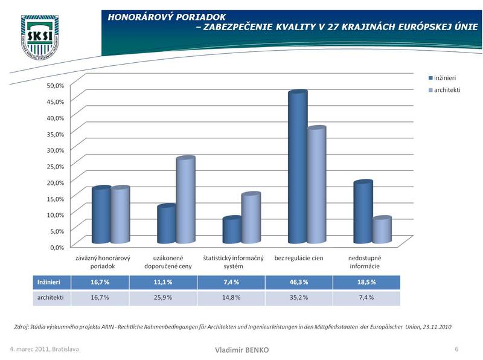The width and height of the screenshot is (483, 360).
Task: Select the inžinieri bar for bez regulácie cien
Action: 298,169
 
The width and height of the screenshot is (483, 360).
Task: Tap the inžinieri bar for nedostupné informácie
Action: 363,214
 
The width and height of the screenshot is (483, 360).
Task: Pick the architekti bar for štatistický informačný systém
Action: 251,220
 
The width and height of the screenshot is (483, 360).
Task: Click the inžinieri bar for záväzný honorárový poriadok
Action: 101,217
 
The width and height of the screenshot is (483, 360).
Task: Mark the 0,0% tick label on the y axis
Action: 57,247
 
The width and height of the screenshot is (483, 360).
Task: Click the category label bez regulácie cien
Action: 299,258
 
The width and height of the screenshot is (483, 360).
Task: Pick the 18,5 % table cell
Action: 366,282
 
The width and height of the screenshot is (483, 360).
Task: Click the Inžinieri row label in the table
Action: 48,282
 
